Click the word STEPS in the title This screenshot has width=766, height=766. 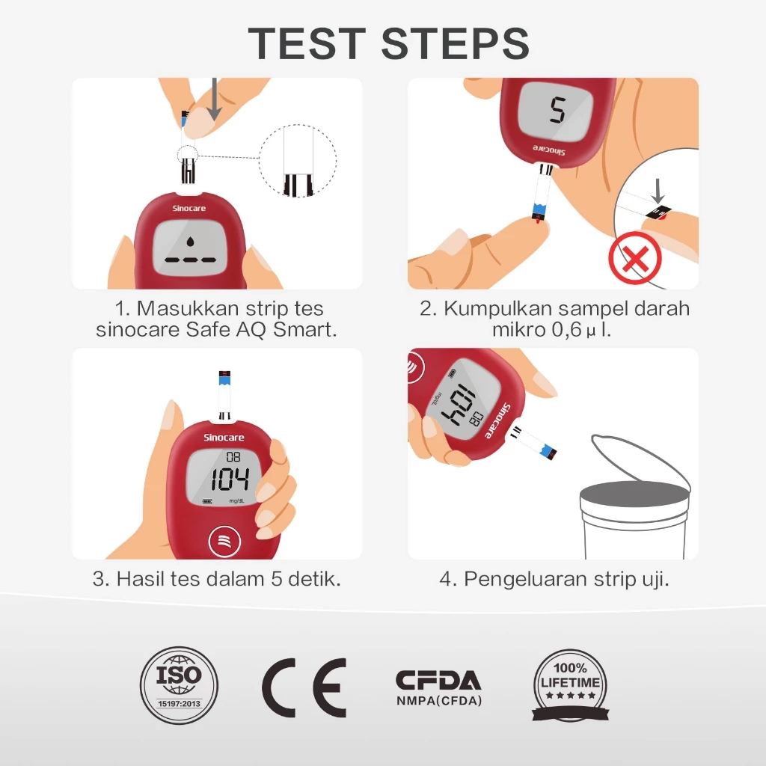coord(455,43)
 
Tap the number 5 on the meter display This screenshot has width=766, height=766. coord(557,111)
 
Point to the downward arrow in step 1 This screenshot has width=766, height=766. coord(215,100)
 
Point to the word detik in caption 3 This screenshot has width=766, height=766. coord(314,578)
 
